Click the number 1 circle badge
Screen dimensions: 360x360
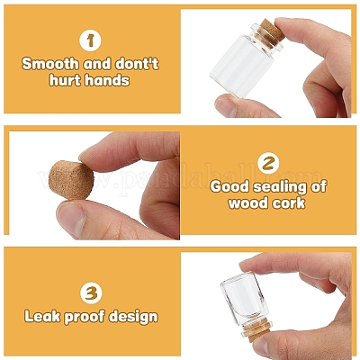(90, 40)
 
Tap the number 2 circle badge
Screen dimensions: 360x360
(268, 163)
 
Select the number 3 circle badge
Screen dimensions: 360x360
(91, 293)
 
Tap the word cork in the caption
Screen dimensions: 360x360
(288, 203)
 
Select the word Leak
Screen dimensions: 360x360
(42, 317)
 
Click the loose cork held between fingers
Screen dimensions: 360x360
(71, 180)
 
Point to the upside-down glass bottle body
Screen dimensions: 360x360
(245, 298)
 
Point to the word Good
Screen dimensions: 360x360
(229, 187)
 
